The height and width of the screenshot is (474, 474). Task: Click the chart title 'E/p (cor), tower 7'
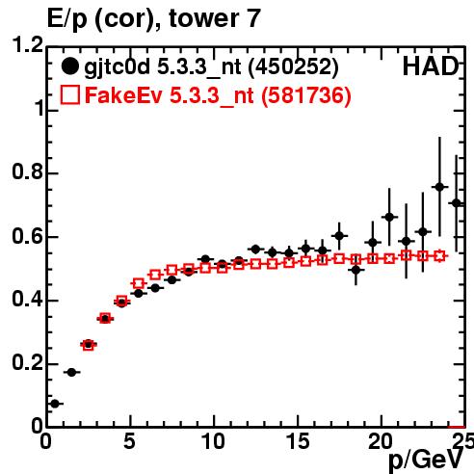(153, 19)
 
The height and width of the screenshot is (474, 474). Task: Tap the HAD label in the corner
(431, 66)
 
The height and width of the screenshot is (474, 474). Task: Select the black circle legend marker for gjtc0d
(69, 66)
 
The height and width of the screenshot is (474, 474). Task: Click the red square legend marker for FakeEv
(69, 94)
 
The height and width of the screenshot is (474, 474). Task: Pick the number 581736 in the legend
(305, 95)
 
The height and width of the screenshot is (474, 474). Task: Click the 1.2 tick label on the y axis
(28, 44)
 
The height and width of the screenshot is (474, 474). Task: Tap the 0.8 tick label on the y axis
(28, 171)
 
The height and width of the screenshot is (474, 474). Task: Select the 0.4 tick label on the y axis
(28, 300)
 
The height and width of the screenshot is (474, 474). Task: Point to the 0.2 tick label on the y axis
(28, 363)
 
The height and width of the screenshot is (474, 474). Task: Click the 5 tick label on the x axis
(130, 441)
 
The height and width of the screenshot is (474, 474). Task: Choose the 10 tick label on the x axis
(213, 441)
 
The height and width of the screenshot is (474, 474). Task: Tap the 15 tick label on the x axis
(298, 441)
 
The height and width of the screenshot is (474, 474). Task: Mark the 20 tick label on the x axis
(381, 441)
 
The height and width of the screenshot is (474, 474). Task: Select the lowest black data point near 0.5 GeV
(55, 404)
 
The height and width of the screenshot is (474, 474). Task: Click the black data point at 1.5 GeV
(71, 373)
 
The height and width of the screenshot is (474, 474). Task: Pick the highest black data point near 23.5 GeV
(439, 187)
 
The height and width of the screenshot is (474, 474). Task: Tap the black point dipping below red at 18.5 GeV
(355, 271)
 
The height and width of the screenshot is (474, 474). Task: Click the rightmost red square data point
(439, 256)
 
